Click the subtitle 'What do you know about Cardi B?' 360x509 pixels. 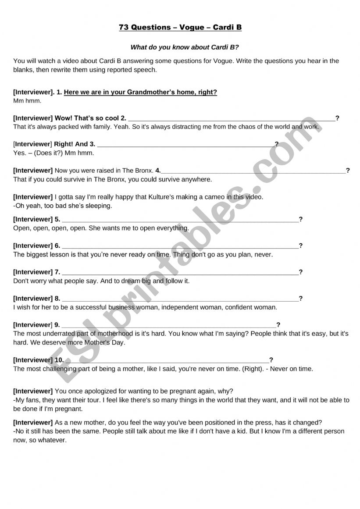point(185,47)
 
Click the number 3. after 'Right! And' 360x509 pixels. point(92,144)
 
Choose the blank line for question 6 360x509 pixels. point(180,246)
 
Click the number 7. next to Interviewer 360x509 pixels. point(57,272)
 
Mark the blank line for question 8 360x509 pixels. point(180,299)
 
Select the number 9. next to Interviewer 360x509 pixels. point(57,325)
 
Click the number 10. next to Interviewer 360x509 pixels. point(59,360)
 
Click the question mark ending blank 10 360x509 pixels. point(271,360)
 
